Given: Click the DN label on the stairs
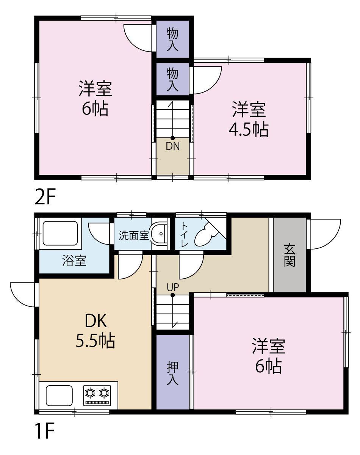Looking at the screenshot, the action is tap(173, 146).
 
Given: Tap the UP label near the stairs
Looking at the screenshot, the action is tap(173, 287).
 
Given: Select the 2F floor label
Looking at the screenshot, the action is tap(45, 197).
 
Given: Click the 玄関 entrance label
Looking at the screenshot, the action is tap(290, 255).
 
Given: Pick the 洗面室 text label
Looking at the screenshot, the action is tap(134, 235).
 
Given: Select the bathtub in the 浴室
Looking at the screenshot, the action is tap(60, 234).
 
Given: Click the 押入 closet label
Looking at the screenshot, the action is tap(172, 373).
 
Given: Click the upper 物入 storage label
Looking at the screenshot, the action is tap(172, 40).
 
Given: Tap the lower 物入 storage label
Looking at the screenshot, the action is tap(172, 80).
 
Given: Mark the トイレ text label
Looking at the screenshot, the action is tap(185, 235).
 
